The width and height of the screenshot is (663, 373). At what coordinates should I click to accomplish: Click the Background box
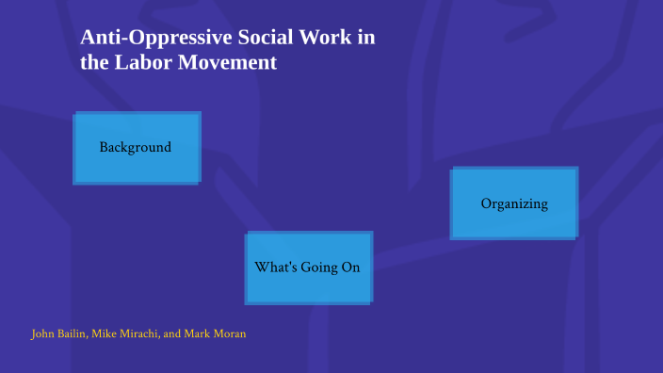pyautogui.click(x=137, y=148)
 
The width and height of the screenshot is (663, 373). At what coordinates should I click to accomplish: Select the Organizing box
pyautogui.click(x=513, y=203)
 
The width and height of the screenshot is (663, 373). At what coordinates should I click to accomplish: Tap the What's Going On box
pyautogui.click(x=309, y=268)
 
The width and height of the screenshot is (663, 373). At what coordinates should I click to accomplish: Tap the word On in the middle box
pyautogui.click(x=350, y=268)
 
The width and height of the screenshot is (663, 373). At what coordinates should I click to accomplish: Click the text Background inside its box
pyautogui.click(x=136, y=147)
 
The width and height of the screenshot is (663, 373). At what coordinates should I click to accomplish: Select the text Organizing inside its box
pyautogui.click(x=514, y=203)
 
